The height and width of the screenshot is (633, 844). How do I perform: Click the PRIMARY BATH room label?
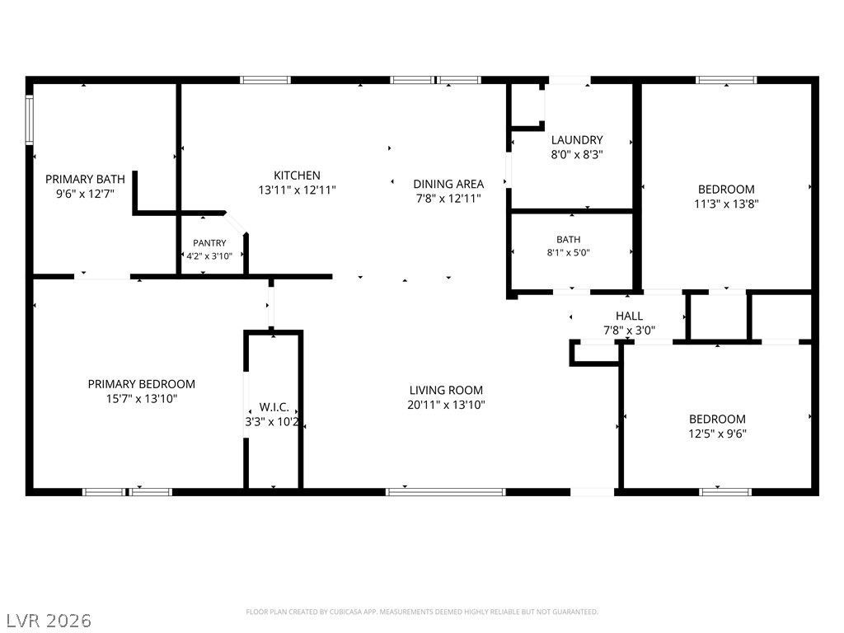click(x=85, y=179)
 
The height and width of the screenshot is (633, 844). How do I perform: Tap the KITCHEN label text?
click(x=297, y=176)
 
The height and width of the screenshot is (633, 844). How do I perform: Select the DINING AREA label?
click(x=448, y=184)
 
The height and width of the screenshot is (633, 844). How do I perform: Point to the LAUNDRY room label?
click(x=577, y=140)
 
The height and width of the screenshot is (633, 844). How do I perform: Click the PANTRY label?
click(x=209, y=243)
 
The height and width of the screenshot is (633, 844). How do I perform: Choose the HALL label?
click(x=629, y=316)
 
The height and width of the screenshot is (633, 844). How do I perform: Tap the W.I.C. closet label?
click(x=274, y=407)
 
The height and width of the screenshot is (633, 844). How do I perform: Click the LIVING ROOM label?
click(x=446, y=390)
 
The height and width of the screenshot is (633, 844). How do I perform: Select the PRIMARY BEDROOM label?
click(x=142, y=384)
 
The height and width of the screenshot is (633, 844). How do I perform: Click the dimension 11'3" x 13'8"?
click(x=727, y=204)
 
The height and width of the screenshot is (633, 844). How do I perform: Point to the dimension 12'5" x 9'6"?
click(x=718, y=434)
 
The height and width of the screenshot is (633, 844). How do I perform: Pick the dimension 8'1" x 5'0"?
click(x=569, y=252)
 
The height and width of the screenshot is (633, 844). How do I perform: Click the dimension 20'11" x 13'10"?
click(x=446, y=405)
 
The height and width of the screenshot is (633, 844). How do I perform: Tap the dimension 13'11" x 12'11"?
click(x=297, y=190)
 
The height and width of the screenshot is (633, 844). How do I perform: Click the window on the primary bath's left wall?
click(x=30, y=120)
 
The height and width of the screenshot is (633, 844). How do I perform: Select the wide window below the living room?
click(x=446, y=492)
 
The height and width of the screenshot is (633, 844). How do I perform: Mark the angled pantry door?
click(x=236, y=223)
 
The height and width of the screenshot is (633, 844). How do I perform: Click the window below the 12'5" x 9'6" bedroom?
click(x=725, y=492)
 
